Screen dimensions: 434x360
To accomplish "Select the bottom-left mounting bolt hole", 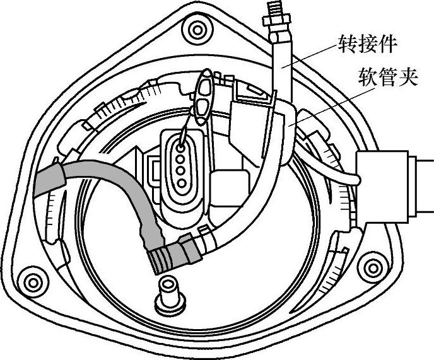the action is pyautogui.click(x=30, y=277).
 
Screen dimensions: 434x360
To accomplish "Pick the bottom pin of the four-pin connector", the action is pyautogui.click(x=180, y=183).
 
